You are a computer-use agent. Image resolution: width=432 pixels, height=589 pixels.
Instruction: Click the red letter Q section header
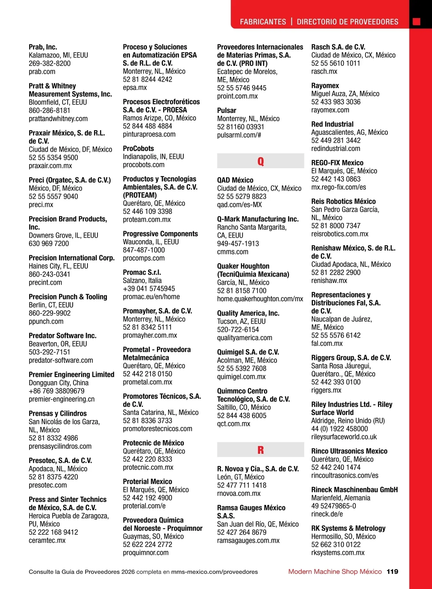point(260,161)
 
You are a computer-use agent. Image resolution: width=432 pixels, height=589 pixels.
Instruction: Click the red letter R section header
point(260,450)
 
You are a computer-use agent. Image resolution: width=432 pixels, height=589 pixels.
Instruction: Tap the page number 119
point(392,571)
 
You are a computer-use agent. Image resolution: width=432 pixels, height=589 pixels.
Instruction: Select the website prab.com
point(42,72)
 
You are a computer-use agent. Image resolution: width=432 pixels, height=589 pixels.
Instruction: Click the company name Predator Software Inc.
point(63,335)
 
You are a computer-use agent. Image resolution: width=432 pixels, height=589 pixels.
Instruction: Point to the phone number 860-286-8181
point(49,110)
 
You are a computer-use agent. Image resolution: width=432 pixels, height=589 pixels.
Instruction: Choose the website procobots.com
point(144,165)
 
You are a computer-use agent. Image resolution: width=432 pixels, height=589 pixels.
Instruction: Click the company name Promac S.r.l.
point(142,272)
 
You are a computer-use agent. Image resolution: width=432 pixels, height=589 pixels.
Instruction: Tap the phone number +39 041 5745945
point(149,288)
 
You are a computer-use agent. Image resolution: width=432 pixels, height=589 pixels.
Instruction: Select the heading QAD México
point(235,180)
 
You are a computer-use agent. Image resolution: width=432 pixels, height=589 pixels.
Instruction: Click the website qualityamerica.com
point(244,338)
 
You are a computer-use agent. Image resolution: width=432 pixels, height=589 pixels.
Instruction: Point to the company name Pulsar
point(227,110)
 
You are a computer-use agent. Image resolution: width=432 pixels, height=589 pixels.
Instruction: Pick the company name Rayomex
point(325,86)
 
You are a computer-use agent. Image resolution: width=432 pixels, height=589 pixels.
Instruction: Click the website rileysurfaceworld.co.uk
point(344,437)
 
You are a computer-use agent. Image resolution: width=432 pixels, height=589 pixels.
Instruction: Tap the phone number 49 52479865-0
point(333,506)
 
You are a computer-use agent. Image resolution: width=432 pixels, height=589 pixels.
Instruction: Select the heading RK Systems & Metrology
point(348,528)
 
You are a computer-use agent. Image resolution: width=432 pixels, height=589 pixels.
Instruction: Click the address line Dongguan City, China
point(59,383)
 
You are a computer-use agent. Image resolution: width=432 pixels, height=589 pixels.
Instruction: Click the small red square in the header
point(417,22)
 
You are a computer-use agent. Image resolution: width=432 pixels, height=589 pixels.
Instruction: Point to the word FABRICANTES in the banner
point(263,22)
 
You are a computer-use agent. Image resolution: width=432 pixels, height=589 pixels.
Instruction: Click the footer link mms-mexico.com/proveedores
point(215,572)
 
